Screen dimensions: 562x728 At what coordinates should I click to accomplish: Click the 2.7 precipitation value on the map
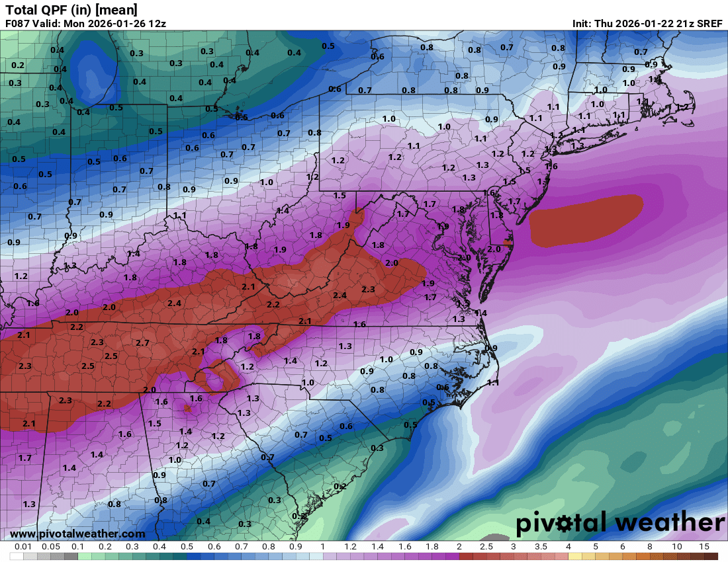(142, 342)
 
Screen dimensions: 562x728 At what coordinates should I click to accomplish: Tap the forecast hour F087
(18, 23)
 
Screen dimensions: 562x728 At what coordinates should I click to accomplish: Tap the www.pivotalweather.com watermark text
(77, 534)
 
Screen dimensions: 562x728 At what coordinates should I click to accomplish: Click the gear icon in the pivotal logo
(563, 524)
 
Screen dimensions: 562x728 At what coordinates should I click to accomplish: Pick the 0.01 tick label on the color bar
(24, 547)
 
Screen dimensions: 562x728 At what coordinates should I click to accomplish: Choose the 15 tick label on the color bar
(704, 547)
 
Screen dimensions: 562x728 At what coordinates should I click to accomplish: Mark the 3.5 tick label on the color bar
(541, 547)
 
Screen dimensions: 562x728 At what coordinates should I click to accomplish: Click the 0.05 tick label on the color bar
(51, 547)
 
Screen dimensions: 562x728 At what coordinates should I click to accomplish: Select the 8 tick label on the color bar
(649, 547)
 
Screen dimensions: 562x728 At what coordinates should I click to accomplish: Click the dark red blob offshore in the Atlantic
(586, 218)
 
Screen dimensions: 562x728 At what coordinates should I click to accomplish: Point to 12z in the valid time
(156, 23)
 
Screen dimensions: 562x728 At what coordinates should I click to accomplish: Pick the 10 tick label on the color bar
(676, 547)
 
